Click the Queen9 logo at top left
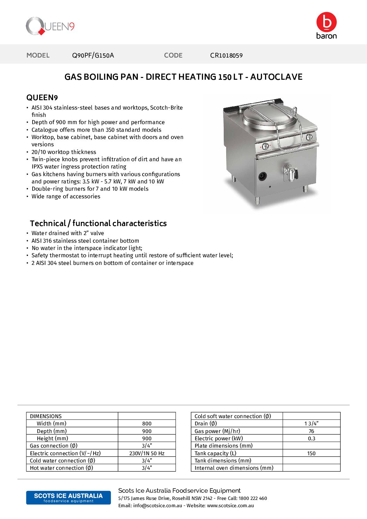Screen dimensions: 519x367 tap(50, 26)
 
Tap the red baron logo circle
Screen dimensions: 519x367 tap(326, 22)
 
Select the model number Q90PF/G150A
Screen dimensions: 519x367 tap(93, 55)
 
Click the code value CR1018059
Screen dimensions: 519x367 tap(226, 55)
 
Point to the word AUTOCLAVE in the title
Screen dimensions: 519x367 tap(276, 77)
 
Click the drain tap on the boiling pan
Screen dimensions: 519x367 tap(290, 172)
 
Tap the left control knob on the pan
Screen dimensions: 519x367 tap(265, 146)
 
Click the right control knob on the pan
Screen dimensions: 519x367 tap(309, 137)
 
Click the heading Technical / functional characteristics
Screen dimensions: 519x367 tap(98, 223)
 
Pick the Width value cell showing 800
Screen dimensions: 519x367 tap(147, 424)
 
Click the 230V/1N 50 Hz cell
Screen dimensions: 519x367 tap(147, 453)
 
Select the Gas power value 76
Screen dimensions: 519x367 tap(311, 431)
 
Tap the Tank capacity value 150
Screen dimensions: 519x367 tap(311, 453)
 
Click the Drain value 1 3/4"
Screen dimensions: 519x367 tap(311, 424)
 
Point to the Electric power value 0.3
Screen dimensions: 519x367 tap(311, 439)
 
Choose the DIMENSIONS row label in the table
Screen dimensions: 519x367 tap(46, 416)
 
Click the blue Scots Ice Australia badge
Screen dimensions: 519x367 tap(68, 498)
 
